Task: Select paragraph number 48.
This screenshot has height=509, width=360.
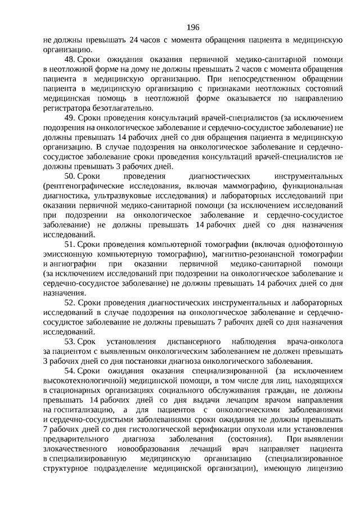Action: [70, 59]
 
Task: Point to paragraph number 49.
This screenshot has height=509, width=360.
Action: [70, 118]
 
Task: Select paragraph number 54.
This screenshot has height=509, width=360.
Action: [70, 372]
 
